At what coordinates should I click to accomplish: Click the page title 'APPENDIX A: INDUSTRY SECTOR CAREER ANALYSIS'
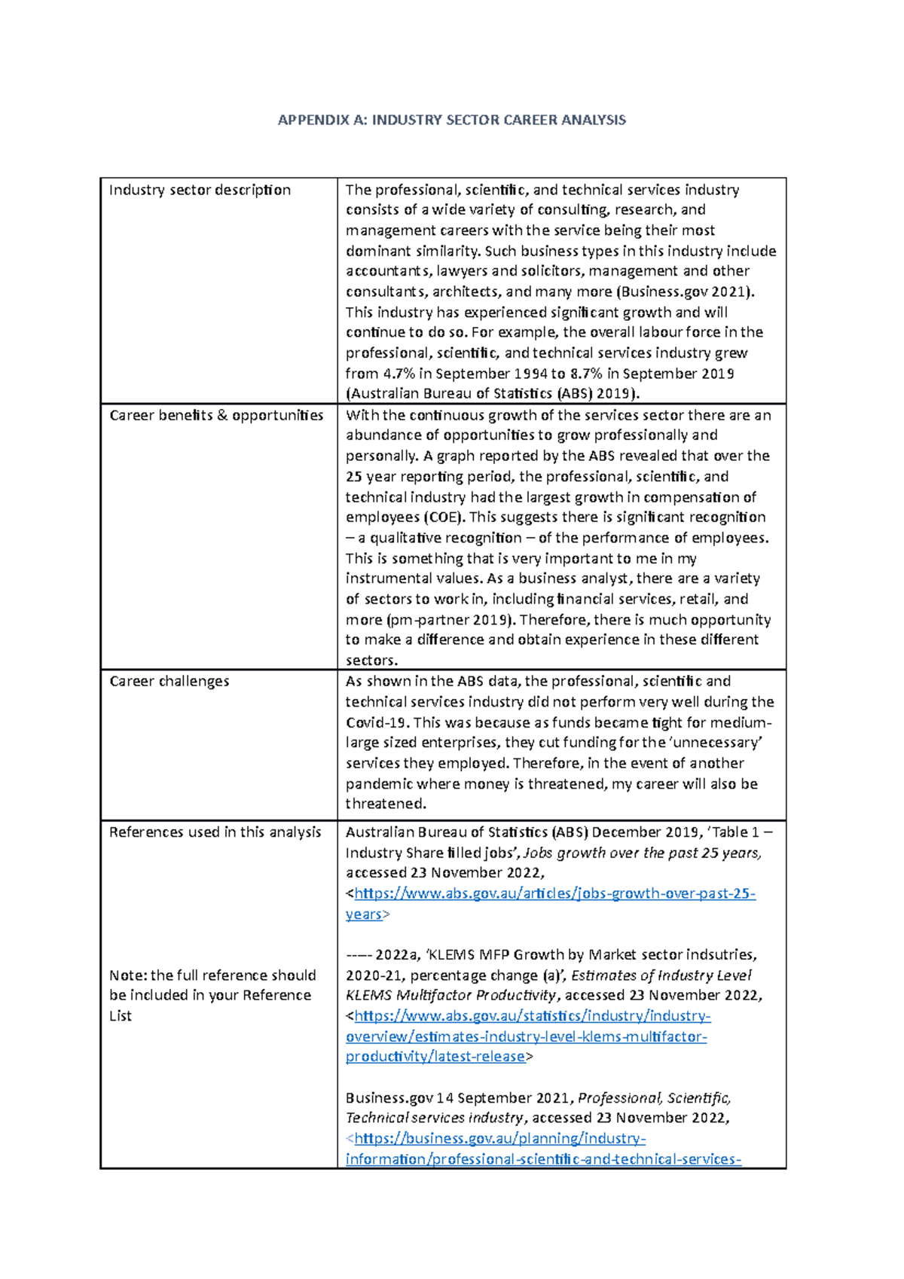pos(451,120)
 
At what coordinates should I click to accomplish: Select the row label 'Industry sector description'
pos(200,190)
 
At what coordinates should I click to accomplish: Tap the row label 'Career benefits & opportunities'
pos(216,415)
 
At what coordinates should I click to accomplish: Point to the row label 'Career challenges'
pos(169,681)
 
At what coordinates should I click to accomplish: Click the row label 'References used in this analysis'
pos(215,832)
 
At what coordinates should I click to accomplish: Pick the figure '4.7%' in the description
pos(399,374)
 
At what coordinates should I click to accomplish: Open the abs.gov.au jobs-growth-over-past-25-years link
pos(554,893)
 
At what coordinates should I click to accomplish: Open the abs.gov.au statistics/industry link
pos(532,1016)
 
